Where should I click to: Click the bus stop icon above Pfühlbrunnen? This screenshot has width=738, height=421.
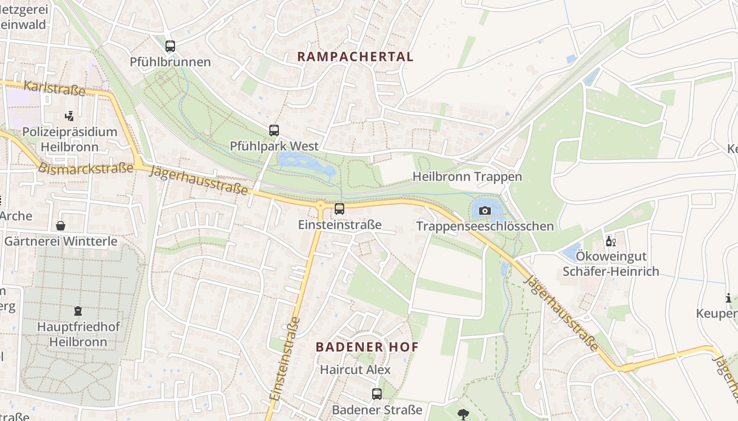170,46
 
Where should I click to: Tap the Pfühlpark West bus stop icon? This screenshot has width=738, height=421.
274,131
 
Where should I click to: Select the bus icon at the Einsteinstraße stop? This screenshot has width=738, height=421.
339,209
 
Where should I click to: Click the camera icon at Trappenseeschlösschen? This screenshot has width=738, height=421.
484,211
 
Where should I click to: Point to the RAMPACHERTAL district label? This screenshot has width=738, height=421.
355,57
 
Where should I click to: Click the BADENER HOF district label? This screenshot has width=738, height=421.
367,347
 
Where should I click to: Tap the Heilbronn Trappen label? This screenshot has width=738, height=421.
467,177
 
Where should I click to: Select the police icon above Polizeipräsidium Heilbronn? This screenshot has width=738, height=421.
69,116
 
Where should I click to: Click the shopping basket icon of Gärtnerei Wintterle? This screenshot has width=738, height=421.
61,226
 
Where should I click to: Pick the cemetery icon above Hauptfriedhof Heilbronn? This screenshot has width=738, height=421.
78,311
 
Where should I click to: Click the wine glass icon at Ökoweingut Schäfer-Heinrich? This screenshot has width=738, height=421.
610,242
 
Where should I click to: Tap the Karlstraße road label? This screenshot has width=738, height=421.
55,88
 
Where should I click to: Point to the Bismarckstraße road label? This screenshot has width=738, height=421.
85,168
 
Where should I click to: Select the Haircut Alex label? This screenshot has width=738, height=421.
355,370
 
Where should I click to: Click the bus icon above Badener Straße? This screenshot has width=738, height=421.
377,394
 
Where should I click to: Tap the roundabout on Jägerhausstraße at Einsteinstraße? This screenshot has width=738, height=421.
320,205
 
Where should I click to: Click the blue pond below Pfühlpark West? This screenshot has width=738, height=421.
306,163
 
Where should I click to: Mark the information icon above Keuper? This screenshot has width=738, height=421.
729,298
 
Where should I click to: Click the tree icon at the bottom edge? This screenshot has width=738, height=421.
463,415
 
